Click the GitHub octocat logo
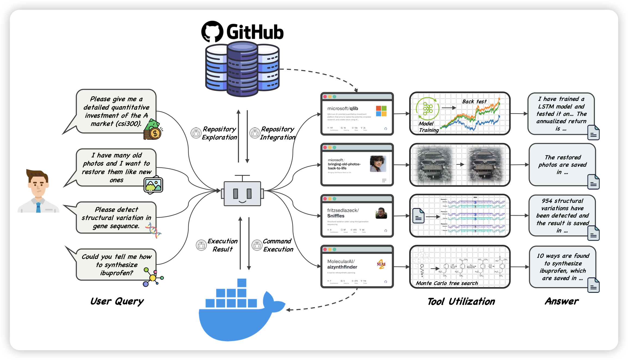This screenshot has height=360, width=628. [212, 32]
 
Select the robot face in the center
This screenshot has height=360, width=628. [242, 193]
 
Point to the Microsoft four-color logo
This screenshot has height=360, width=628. [381, 111]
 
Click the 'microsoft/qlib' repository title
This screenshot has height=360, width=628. [343, 108]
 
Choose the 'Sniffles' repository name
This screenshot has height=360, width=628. [336, 216]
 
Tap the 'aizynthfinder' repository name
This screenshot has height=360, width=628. [342, 267]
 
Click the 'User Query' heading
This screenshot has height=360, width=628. [117, 301]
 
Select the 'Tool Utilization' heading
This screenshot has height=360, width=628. [461, 302]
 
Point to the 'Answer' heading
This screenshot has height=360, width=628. [562, 301]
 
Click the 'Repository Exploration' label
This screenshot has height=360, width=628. [219, 133]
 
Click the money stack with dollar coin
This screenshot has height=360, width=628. [153, 130]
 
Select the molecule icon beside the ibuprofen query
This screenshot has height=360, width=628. [153, 277]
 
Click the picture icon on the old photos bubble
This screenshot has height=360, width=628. [153, 185]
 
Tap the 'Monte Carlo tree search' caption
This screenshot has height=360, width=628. [447, 283]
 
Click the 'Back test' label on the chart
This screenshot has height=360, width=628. [474, 101]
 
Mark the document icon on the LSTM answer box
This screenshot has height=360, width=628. [593, 133]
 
